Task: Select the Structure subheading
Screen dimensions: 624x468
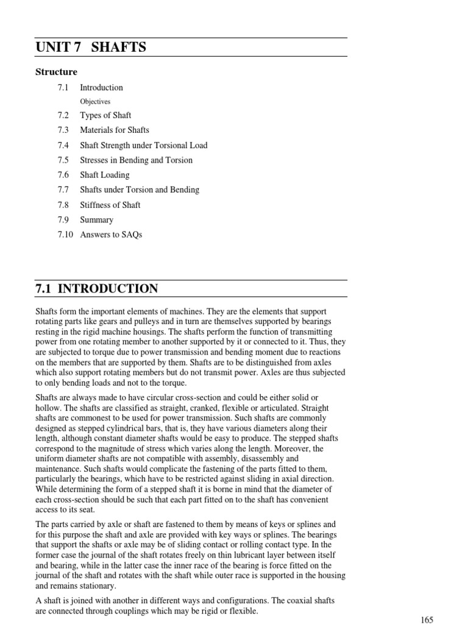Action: click(56, 72)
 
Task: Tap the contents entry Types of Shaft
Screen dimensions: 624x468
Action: click(105, 115)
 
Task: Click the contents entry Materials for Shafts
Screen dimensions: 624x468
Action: click(115, 130)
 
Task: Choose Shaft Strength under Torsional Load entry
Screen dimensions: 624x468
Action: click(144, 145)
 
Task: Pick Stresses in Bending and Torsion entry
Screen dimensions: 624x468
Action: click(136, 160)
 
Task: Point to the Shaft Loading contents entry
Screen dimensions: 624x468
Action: click(105, 175)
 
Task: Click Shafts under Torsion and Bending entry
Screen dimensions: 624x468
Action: click(140, 190)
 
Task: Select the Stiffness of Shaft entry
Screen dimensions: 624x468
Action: click(110, 205)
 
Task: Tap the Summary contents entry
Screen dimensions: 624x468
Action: click(96, 219)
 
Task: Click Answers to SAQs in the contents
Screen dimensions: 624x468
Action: click(111, 235)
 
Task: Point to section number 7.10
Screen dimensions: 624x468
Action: click(65, 235)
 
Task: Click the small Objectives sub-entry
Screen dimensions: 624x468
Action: click(95, 102)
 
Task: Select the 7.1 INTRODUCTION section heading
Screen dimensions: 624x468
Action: click(97, 289)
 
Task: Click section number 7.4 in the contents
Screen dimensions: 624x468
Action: click(63, 145)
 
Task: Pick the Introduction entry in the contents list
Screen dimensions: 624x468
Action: click(101, 87)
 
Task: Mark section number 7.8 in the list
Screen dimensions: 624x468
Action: click(63, 205)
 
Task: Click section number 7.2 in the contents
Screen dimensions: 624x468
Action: click(63, 115)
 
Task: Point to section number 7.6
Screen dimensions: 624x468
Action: click(63, 175)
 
